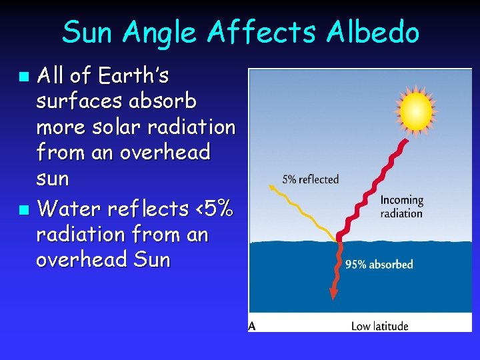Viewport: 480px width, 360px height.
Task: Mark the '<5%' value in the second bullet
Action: click(x=215, y=209)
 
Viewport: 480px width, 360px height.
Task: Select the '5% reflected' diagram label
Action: click(x=311, y=179)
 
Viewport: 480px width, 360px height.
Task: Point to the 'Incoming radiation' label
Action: click(x=402, y=207)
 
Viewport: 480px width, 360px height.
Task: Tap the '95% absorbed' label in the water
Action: click(x=379, y=265)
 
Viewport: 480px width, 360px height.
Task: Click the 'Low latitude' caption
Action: click(x=379, y=326)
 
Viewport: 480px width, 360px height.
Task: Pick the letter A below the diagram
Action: click(x=252, y=326)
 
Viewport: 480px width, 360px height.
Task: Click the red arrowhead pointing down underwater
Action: click(x=332, y=294)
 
